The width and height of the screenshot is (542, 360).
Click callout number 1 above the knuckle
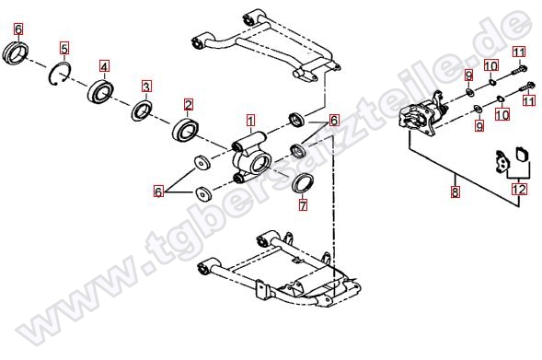pyautogui.click(x=250, y=121)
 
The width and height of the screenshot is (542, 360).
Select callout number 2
pyautogui.click(x=189, y=105)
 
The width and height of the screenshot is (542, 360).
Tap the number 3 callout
pyautogui.click(x=146, y=87)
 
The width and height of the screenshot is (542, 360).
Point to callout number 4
pyautogui.click(x=104, y=66)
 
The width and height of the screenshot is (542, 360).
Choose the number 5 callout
pyautogui.click(x=64, y=49)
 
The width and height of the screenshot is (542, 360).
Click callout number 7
pyautogui.click(x=303, y=205)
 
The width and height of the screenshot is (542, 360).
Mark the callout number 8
pyautogui.click(x=456, y=192)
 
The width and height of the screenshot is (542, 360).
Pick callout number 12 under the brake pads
pyautogui.click(x=519, y=190)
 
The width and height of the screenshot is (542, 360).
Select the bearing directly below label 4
pyautogui.click(x=100, y=91)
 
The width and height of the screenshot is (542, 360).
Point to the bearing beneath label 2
pyautogui.click(x=185, y=129)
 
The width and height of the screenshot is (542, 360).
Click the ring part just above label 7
pyautogui.click(x=303, y=184)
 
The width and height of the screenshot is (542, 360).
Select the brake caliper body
pyautogui.click(x=421, y=113)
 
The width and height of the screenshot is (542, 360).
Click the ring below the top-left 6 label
pyautogui.click(x=16, y=52)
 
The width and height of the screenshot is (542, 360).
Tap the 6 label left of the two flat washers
pyautogui.click(x=158, y=192)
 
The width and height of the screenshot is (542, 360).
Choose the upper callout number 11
pyautogui.click(x=518, y=52)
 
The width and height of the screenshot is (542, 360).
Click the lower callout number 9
pyautogui.click(x=479, y=125)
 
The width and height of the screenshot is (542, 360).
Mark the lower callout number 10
pyautogui.click(x=502, y=114)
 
